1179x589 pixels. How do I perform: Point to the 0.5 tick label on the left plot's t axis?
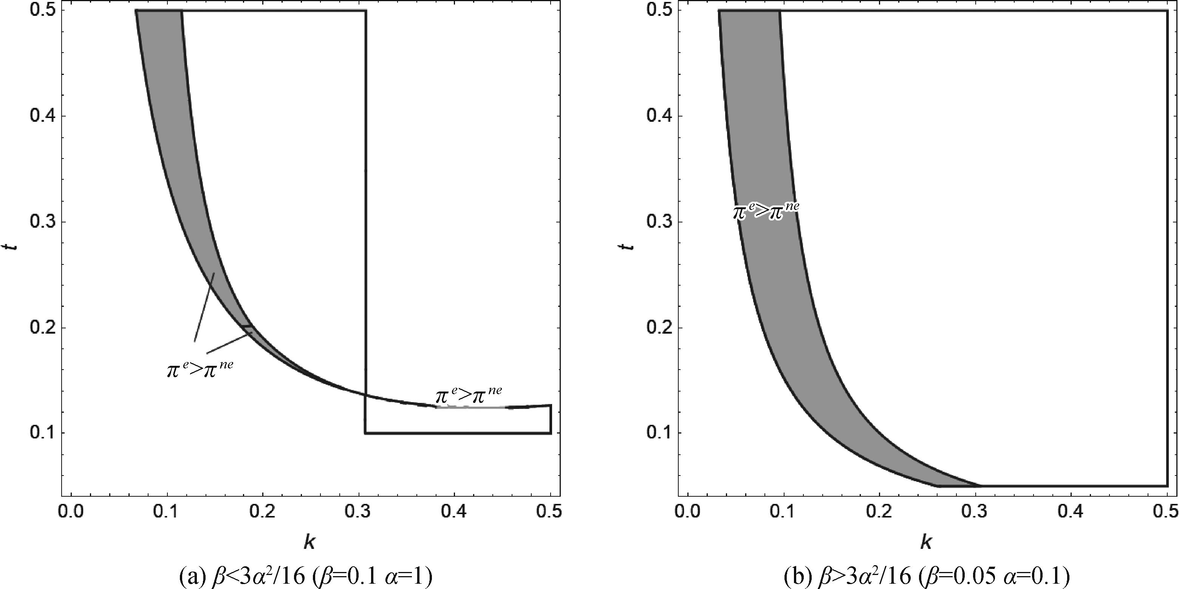[x=43, y=11]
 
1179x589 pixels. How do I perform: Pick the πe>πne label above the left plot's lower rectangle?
[x=468, y=395]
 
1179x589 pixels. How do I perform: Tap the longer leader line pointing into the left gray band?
[x=204, y=307]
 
